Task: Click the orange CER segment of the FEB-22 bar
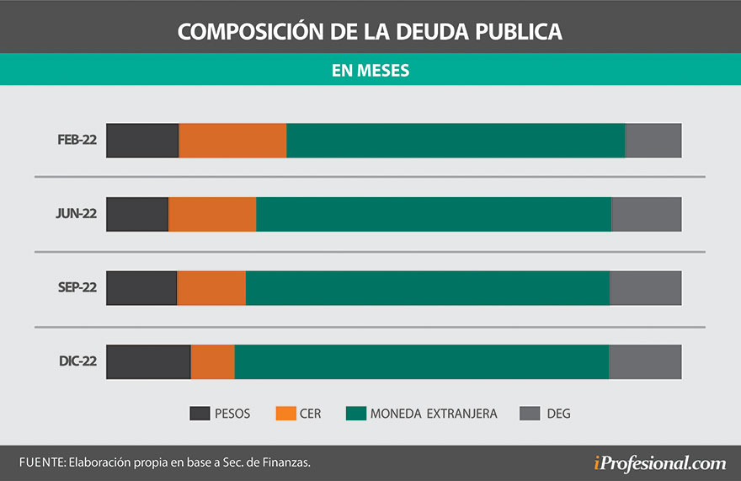[x=232, y=140]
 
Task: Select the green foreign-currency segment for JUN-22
[x=433, y=214]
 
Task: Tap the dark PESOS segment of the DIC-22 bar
[x=148, y=362]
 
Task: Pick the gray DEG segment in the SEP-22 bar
[x=645, y=288]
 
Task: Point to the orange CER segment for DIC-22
[x=212, y=362]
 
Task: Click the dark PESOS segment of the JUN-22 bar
[x=137, y=214]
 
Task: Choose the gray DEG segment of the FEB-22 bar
[x=653, y=140]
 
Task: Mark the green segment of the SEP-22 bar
[x=427, y=288]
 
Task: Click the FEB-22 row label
[x=77, y=140]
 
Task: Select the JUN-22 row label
[x=77, y=214]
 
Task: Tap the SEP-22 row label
[x=77, y=288]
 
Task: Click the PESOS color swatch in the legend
[x=200, y=414]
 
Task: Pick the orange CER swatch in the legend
[x=285, y=414]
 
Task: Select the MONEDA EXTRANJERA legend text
[x=434, y=414]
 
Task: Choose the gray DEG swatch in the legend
[x=529, y=414]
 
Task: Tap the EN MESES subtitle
[x=370, y=71]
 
